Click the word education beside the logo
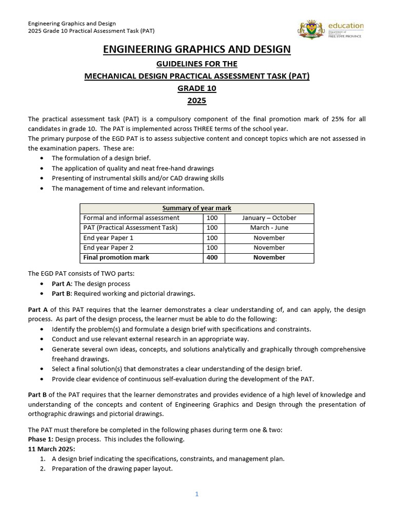(346, 25)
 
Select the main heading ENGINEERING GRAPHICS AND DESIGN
(197, 49)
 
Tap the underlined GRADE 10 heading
(197, 88)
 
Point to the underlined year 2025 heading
(197, 101)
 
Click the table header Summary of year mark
(197, 208)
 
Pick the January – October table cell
(269, 218)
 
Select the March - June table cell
(269, 228)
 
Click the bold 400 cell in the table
(212, 257)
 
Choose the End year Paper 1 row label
(108, 238)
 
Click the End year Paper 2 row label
(108, 248)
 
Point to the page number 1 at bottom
(196, 494)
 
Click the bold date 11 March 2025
(51, 449)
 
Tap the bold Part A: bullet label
(62, 284)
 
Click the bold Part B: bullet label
(62, 294)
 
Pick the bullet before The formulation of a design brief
(42, 158)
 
